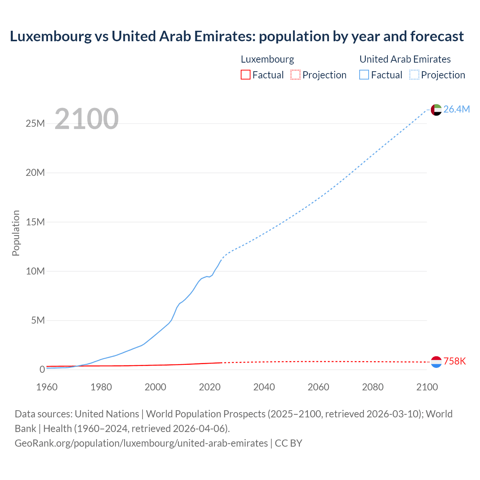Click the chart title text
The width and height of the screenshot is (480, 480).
pos(237,36)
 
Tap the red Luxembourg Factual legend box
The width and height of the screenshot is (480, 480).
pos(245,75)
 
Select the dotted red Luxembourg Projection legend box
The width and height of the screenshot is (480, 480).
pos(295,75)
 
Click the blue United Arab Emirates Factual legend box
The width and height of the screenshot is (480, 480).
pos(364,75)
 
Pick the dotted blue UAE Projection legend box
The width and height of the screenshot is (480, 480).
pos(414,75)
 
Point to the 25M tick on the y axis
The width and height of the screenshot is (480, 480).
pos(35,123)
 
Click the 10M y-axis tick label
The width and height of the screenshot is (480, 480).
pos(35,271)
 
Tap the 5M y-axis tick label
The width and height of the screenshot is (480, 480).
pos(38,320)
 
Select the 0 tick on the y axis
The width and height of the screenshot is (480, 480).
pos(42,369)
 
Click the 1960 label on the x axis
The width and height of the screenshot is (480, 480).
pos(46,387)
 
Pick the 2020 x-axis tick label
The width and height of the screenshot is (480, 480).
pos(210,387)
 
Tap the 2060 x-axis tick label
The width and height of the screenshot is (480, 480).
pos(318,387)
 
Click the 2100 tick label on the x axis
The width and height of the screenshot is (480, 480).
pos(427,387)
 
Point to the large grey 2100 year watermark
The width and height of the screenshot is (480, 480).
pos(87,119)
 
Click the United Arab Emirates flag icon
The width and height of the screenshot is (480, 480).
pos(436,109)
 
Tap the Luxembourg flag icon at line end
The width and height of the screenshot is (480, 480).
pos(436,362)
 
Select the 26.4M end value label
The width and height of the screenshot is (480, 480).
pos(456,109)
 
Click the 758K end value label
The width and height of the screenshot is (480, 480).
pos(454,361)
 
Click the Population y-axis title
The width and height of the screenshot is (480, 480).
pos(16,233)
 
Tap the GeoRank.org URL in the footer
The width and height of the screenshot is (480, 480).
pos(141,443)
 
